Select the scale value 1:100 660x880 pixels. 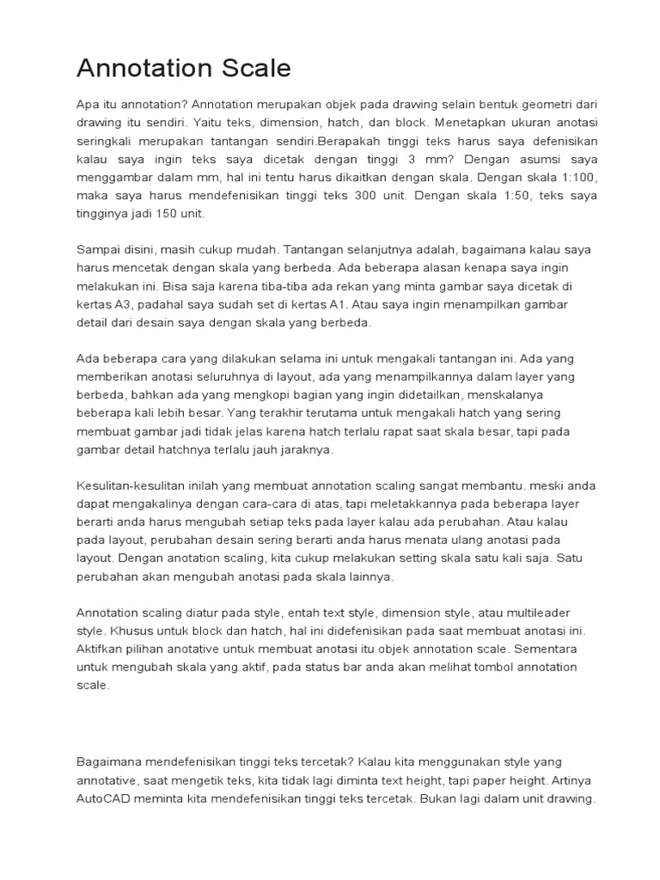(564, 178)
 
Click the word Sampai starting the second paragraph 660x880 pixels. (99, 249)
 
